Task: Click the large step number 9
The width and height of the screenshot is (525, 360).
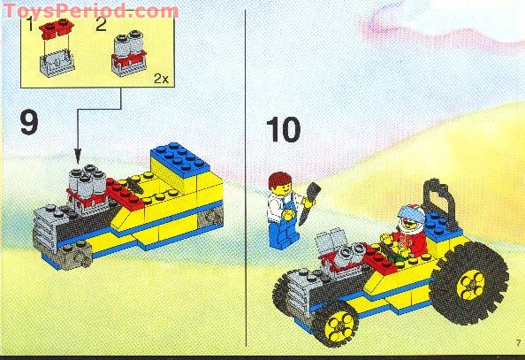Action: pyautogui.click(x=28, y=123)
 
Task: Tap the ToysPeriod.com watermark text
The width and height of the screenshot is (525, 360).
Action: pyautogui.click(x=90, y=11)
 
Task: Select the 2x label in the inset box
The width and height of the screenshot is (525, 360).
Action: pyautogui.click(x=159, y=79)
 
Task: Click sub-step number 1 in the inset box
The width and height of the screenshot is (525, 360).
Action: pyautogui.click(x=30, y=27)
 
